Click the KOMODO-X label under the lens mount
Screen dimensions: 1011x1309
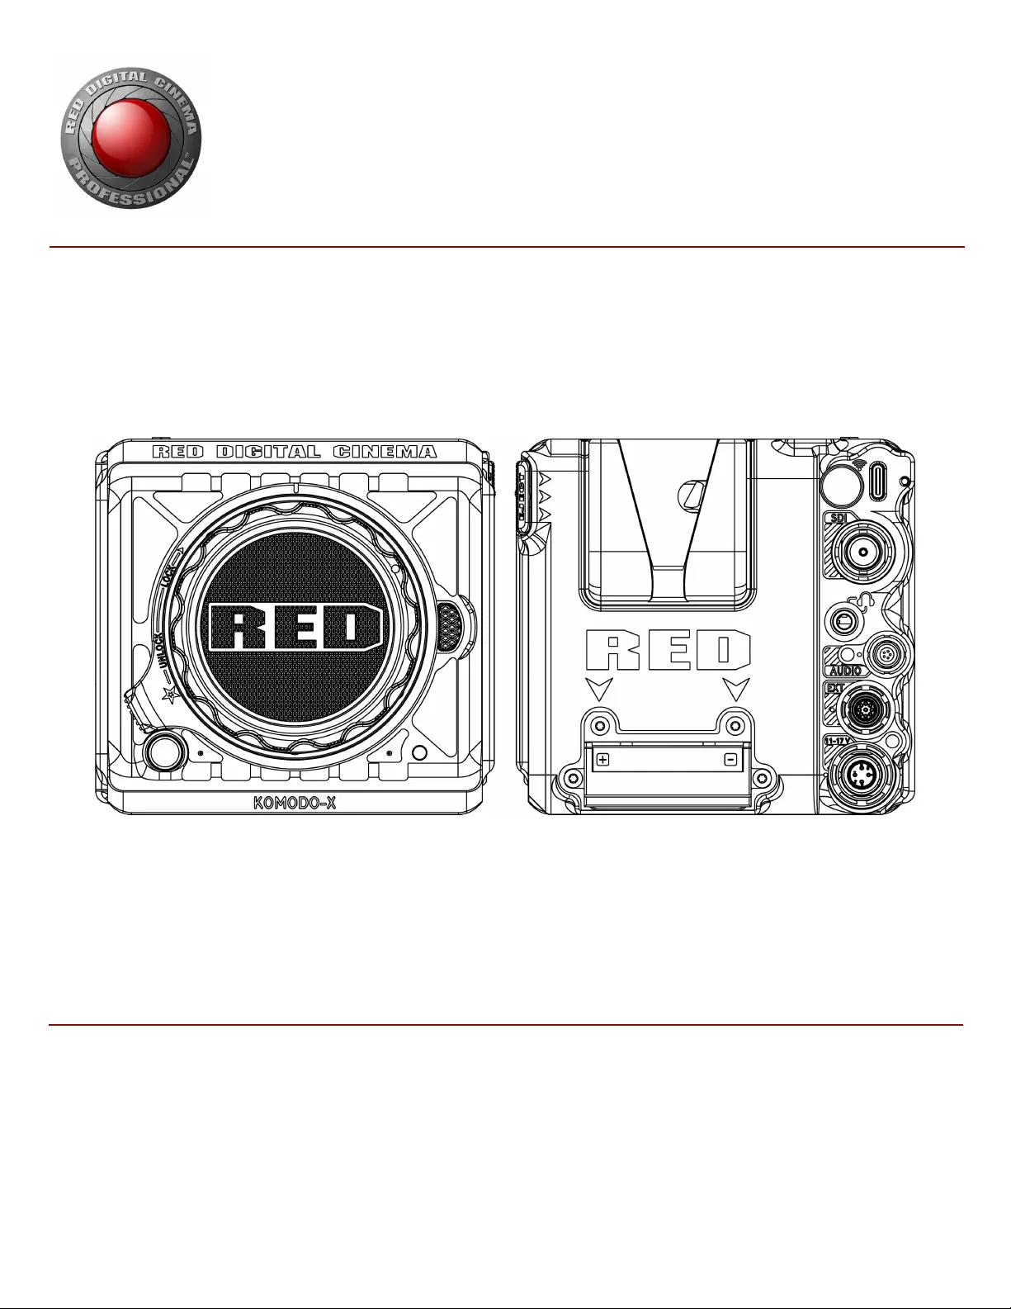(295, 804)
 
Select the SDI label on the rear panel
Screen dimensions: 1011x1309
(839, 519)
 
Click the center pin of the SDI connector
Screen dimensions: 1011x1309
(862, 553)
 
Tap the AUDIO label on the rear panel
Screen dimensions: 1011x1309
(845, 671)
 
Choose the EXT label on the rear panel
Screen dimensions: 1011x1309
(834, 687)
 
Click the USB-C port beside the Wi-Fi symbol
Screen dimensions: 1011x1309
(880, 486)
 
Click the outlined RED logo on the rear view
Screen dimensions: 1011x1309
(668, 650)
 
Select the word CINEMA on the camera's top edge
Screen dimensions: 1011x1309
(385, 453)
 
